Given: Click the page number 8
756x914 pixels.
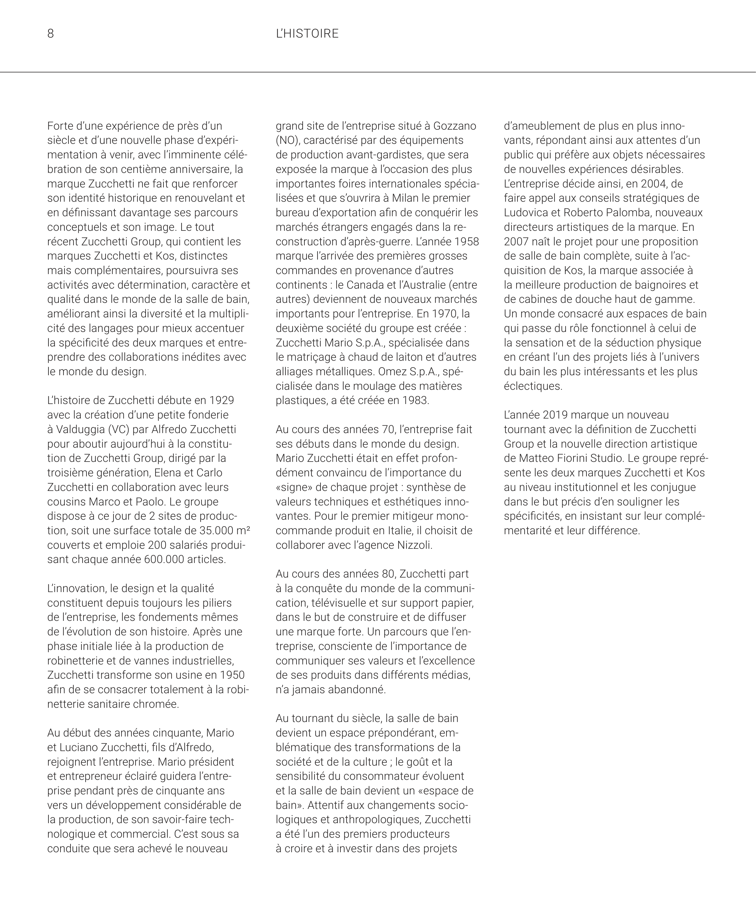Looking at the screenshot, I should tap(51, 34).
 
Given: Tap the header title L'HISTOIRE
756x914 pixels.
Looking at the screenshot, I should tap(307, 34).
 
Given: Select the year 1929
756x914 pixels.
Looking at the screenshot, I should tap(222, 400).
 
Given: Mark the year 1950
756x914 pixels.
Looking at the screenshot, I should tap(232, 675).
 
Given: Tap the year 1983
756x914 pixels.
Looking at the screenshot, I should tap(415, 400).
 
